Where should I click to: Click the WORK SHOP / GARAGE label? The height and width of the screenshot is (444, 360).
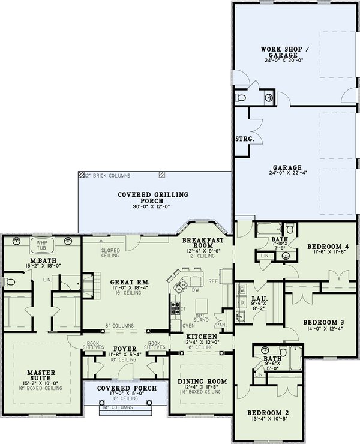[281, 52]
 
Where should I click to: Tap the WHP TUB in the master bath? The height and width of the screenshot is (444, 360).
[42, 244]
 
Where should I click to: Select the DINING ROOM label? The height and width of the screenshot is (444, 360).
[201, 382]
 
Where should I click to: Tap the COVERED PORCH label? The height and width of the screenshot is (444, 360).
[127, 389]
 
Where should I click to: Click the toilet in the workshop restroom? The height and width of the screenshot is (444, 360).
[242, 97]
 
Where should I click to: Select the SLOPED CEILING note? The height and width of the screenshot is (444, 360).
[110, 253]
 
